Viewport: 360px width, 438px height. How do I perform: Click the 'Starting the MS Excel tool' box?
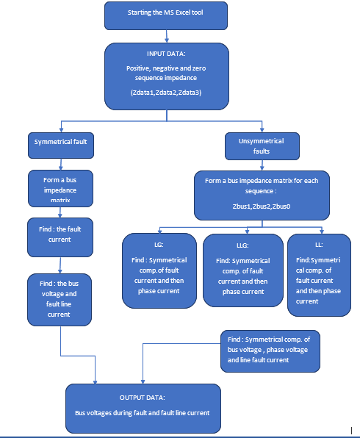point(166,15)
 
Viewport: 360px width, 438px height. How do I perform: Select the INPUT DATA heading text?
point(166,54)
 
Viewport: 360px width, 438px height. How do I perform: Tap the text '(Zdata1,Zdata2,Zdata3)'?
point(166,93)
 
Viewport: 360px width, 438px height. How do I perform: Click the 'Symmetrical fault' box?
point(61,146)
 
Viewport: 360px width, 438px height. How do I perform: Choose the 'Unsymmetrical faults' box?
point(262,146)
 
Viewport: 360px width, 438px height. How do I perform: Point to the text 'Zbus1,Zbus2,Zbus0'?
point(262,207)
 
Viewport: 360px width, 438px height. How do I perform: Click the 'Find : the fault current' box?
point(60,237)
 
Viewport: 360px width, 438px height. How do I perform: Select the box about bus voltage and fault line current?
point(60,300)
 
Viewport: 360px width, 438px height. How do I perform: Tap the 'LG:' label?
point(159,245)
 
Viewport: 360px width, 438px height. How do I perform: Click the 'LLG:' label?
point(242,245)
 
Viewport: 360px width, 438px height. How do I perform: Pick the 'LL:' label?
point(319,245)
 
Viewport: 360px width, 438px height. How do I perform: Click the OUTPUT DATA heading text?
point(142,398)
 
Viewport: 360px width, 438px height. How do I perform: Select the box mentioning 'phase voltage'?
point(270,351)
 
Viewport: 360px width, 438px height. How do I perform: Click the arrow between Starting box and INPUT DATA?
point(167,36)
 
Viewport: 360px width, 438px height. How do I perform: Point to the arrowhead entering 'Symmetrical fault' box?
point(61,130)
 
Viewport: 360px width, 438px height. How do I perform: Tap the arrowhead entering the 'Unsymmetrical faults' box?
point(262,130)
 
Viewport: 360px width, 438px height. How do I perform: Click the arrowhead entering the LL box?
point(322,231)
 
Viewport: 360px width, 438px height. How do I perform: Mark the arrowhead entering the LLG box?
point(247,231)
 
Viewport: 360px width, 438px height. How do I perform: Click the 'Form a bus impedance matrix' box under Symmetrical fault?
point(60,189)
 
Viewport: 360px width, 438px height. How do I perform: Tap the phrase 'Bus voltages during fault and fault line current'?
point(142,413)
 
